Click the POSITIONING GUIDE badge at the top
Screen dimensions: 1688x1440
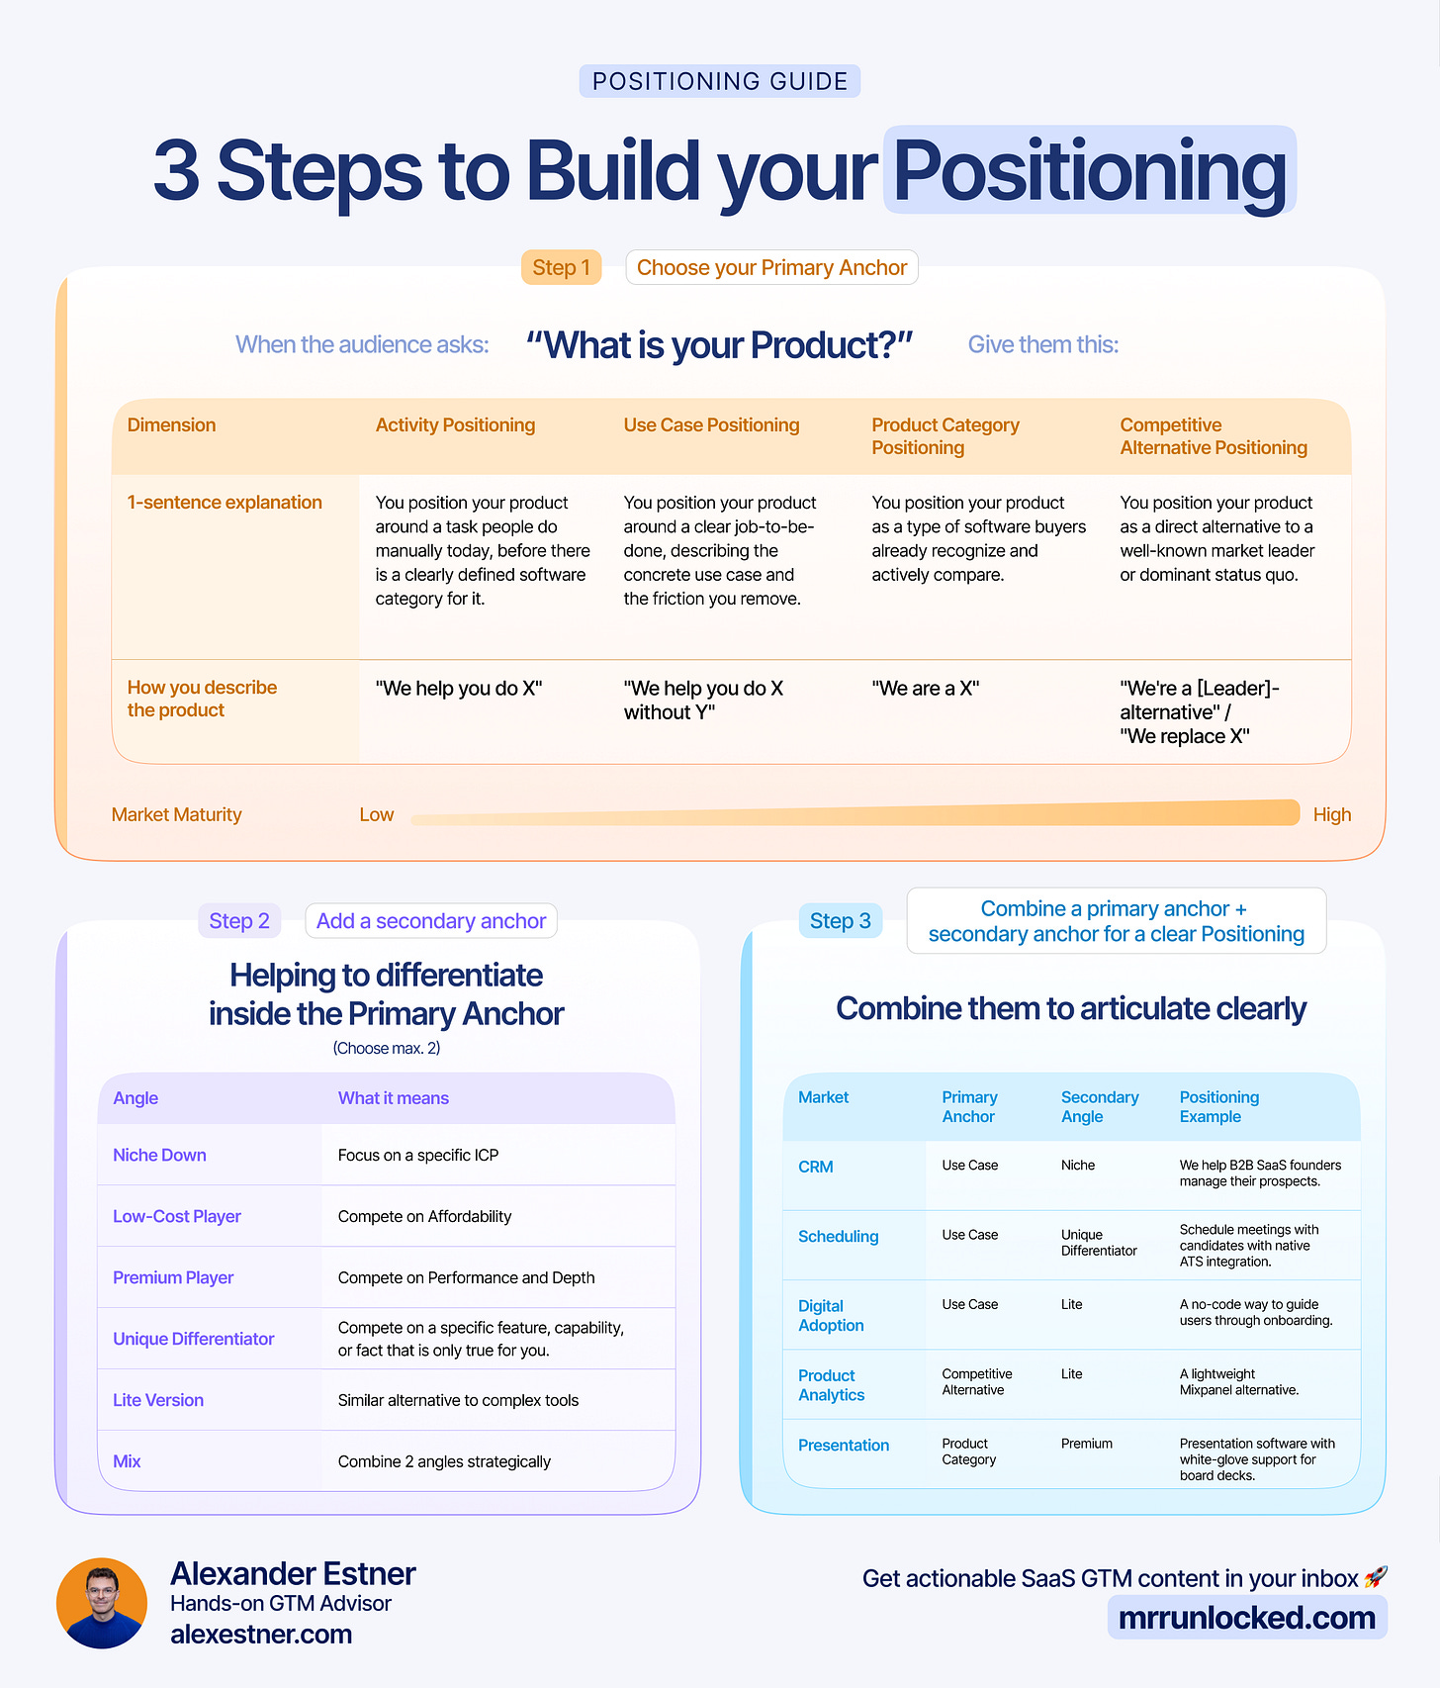coord(720,81)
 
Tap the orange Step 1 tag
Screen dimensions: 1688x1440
coord(561,267)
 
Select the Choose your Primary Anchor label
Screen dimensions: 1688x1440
coord(771,267)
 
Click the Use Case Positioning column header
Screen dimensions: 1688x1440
coord(711,424)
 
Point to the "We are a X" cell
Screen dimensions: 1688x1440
coord(925,688)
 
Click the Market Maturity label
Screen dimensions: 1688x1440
coord(176,814)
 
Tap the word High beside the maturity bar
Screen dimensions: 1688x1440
coord(1331,814)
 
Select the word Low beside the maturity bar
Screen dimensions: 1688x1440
coord(376,814)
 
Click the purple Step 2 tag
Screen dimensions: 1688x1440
coord(239,921)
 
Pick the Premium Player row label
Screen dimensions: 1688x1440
coord(173,1277)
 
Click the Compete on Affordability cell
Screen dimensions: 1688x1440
coord(424,1216)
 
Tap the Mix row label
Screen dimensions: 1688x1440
coord(127,1461)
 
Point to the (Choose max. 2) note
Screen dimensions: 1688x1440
coord(386,1048)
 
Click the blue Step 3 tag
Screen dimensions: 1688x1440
coord(840,921)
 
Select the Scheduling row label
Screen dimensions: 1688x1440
coord(838,1236)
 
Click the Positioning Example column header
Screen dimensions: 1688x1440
coord(1218,1106)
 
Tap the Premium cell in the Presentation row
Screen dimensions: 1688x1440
coord(1086,1444)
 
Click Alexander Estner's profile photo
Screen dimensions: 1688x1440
coord(102,1603)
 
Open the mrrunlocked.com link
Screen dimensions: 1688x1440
coord(1246,1618)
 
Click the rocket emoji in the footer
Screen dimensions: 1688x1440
coord(1376,1577)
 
